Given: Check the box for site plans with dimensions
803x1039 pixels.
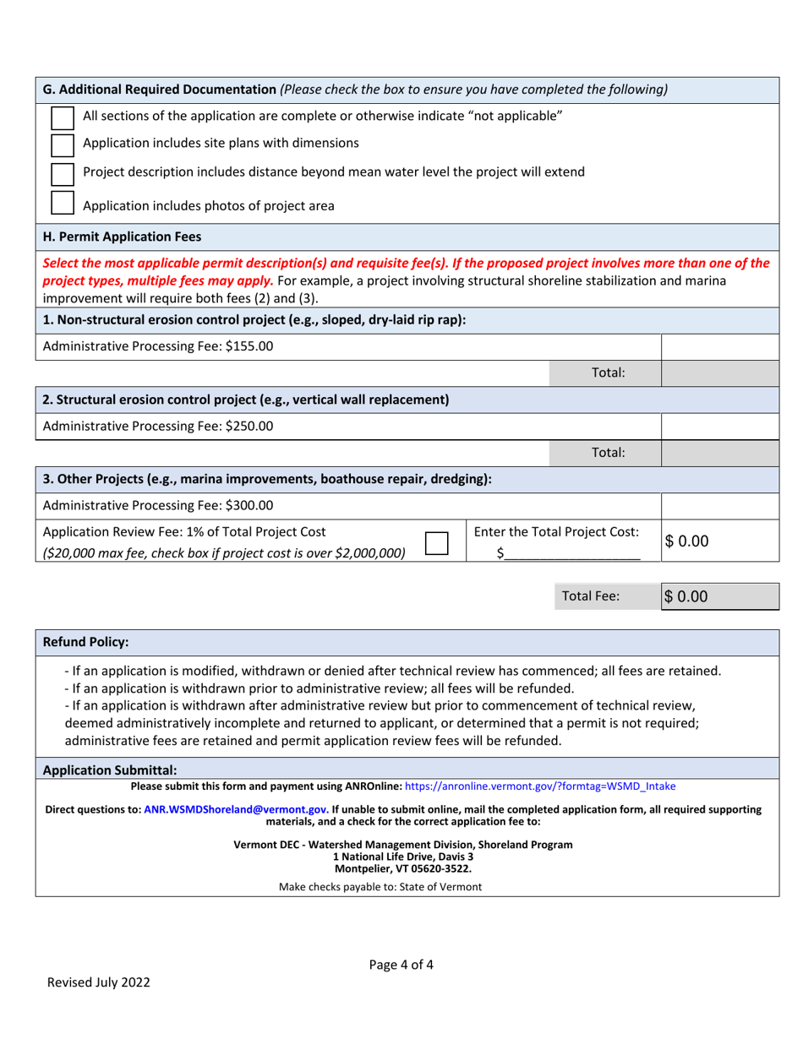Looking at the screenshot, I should [x=63, y=144].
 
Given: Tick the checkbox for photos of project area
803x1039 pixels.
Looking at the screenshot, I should [x=63, y=204].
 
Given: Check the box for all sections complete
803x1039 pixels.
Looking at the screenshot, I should [x=63, y=116].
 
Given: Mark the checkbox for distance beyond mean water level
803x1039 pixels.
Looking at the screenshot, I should [x=63, y=173].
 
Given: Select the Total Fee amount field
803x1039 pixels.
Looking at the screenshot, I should [x=718, y=596].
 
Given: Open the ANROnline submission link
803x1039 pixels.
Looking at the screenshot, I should [x=540, y=786].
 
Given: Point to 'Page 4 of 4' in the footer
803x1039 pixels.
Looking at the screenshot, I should [x=401, y=964].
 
